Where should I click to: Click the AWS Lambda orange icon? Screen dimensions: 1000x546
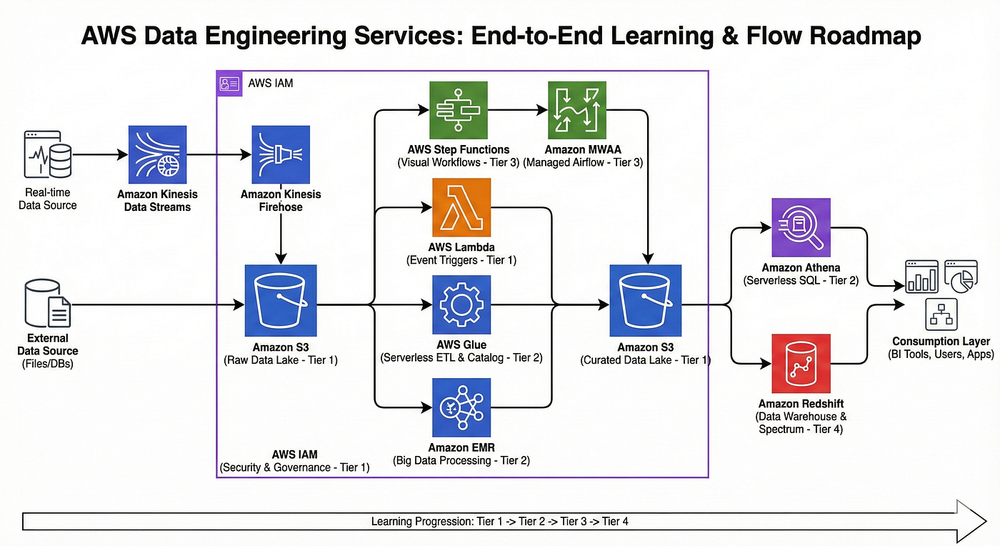461,207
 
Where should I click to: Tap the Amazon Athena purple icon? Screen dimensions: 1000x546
801,227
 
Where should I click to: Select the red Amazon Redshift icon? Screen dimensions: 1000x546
801,363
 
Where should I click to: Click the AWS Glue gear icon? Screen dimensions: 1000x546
461,304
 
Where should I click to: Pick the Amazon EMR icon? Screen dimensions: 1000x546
461,407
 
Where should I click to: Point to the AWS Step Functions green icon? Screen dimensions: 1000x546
459,110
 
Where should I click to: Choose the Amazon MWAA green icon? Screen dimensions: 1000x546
577,110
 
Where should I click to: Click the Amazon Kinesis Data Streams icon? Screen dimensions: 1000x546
158,154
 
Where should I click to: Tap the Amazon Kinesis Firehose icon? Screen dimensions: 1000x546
281,154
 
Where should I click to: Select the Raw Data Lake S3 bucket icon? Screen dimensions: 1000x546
281,301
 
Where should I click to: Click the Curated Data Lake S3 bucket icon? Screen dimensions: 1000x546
646,301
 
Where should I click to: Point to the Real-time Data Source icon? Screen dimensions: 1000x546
48,154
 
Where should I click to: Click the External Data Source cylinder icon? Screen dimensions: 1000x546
48,304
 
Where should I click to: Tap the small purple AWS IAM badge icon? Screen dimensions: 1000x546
229,84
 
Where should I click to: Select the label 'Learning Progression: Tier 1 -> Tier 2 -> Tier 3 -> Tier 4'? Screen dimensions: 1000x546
499,522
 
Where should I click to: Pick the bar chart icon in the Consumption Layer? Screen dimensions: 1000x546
921,277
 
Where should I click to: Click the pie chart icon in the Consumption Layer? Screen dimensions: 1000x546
961,277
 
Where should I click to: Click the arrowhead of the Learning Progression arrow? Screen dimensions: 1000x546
971,521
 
